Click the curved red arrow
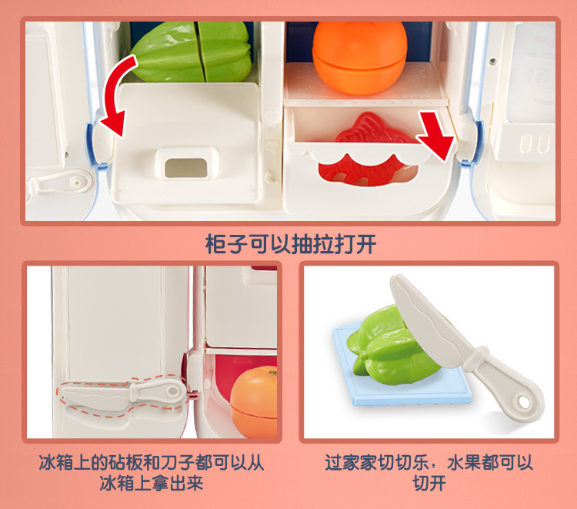114,89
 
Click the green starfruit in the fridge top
192,52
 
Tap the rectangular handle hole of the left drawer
185,168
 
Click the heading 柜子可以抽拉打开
291,244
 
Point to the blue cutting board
401,368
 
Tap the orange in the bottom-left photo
254,402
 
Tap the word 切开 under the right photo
429,484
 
